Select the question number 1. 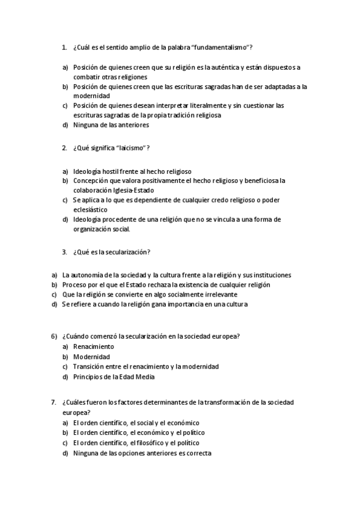(64, 48)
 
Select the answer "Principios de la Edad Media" (114, 377)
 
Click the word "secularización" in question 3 (127, 251)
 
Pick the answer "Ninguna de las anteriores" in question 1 (111, 125)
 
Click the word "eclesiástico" (90, 209)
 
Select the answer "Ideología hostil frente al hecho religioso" (132, 171)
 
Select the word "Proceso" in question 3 (75, 284)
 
